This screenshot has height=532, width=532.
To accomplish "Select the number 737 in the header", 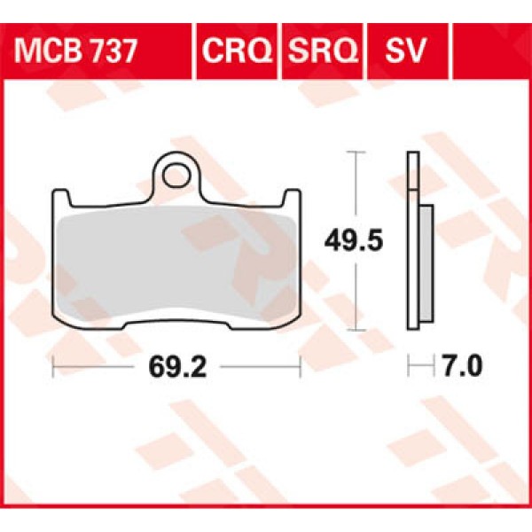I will (112, 51).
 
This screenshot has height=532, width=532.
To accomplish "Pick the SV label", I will (405, 51).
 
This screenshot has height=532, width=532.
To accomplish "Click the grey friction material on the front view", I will (177, 257).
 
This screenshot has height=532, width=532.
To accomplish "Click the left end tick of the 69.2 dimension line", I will (54, 364).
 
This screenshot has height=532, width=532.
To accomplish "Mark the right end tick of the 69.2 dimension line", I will (301, 364).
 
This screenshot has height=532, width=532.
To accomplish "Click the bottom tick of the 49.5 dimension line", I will (356, 329).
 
